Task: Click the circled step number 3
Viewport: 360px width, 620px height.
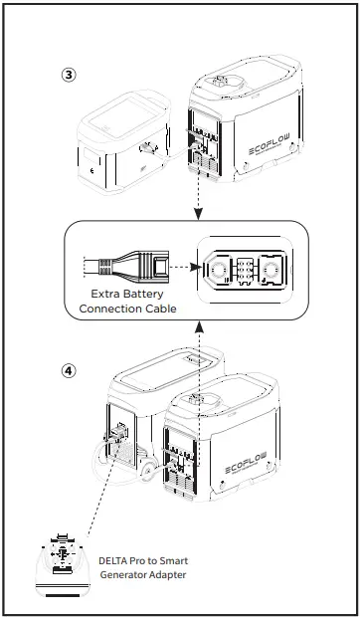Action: click(68, 75)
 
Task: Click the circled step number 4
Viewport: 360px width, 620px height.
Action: click(68, 370)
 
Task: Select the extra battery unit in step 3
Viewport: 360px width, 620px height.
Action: click(122, 147)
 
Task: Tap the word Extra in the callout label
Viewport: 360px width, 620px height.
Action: click(104, 295)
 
